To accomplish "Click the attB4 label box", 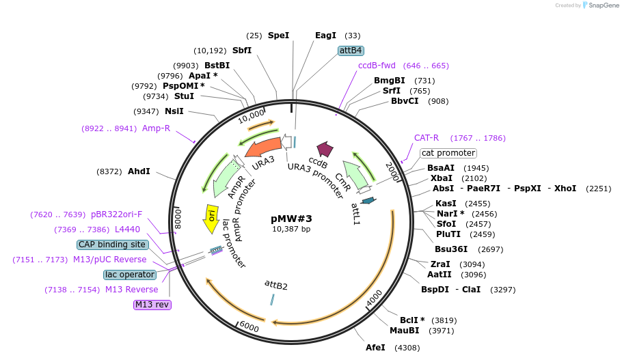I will click(x=351, y=51).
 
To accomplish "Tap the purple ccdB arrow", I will click(x=324, y=150).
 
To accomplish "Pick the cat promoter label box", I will click(x=448, y=153).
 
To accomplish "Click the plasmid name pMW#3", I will click(x=291, y=219).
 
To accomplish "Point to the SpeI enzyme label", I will click(x=278, y=36).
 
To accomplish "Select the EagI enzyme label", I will click(x=325, y=36).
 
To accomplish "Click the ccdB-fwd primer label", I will click(x=377, y=66).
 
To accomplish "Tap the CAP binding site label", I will click(x=111, y=244).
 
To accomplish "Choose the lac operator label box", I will click(x=129, y=275).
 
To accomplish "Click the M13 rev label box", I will click(x=152, y=305).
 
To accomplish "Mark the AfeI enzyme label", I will click(x=375, y=348).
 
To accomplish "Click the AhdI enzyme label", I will click(x=139, y=171).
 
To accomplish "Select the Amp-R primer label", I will click(x=156, y=128).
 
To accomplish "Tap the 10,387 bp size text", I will click(x=291, y=229).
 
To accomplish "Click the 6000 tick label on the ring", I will click(x=249, y=327).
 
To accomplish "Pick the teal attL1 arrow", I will click(x=368, y=200).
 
